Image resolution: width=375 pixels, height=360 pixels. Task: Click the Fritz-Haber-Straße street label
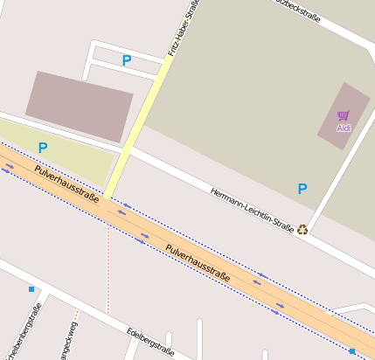182,30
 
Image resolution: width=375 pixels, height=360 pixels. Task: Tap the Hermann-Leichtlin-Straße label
252,208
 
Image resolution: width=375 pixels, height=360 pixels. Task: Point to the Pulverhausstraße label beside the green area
66,179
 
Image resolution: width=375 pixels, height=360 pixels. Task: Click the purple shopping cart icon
343,115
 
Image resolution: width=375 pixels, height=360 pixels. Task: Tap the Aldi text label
343,128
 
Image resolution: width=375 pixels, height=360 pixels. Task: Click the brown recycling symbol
302,230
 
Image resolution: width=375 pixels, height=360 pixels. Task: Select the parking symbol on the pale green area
42,148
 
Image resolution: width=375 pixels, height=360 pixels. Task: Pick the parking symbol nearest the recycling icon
302,188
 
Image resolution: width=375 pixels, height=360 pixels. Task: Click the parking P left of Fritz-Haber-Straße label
127,60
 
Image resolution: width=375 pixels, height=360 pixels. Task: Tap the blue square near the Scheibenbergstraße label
31,288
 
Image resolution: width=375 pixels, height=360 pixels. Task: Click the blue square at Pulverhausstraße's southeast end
352,351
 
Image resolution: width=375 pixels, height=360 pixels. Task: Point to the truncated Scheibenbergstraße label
24,333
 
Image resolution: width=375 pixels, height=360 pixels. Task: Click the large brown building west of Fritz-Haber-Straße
79,106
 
